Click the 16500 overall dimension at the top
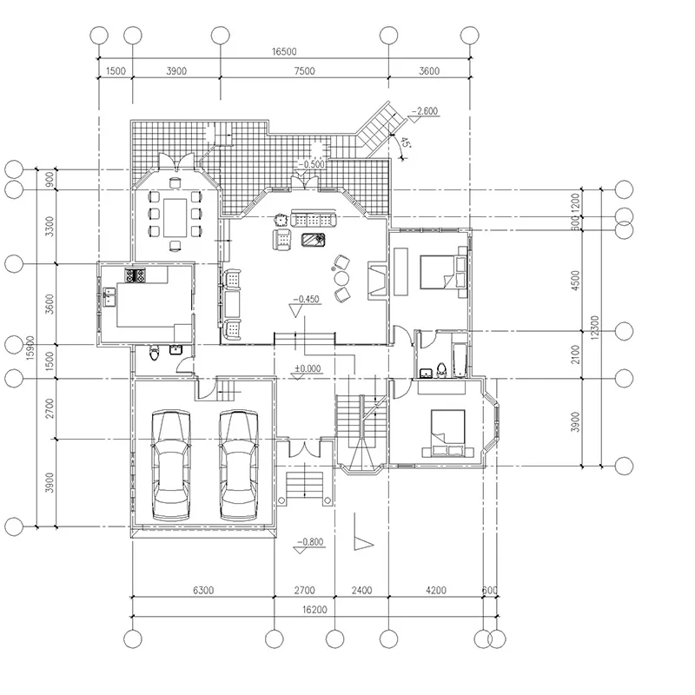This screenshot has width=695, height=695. pyautogui.click(x=284, y=52)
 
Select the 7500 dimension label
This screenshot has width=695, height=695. pyautogui.click(x=305, y=71)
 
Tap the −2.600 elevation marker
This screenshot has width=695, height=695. pyautogui.click(x=425, y=111)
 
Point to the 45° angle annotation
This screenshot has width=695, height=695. pyautogui.click(x=405, y=142)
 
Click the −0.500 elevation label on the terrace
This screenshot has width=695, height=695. pyautogui.click(x=311, y=164)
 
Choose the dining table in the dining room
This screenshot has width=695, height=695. pyautogui.click(x=175, y=218)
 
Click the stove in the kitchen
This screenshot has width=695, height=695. pyautogui.click(x=136, y=275)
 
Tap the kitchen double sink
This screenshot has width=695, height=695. pyautogui.click(x=109, y=296)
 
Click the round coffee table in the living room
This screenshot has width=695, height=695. pyautogui.click(x=341, y=278)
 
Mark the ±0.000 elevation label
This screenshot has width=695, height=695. pyautogui.click(x=308, y=368)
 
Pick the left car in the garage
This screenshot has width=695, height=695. pyautogui.click(x=171, y=465)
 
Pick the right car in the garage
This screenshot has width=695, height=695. pyautogui.click(x=239, y=465)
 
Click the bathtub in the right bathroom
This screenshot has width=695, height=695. pyautogui.click(x=460, y=361)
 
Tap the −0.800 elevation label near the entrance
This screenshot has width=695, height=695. pyautogui.click(x=310, y=541)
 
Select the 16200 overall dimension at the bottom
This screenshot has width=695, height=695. pyautogui.click(x=314, y=610)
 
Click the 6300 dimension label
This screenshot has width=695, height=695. pyautogui.click(x=203, y=591)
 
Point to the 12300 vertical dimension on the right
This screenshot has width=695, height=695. pyautogui.click(x=595, y=328)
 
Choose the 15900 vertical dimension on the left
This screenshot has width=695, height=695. pyautogui.click(x=30, y=348)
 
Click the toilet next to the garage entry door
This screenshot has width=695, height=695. pyautogui.click(x=155, y=354)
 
